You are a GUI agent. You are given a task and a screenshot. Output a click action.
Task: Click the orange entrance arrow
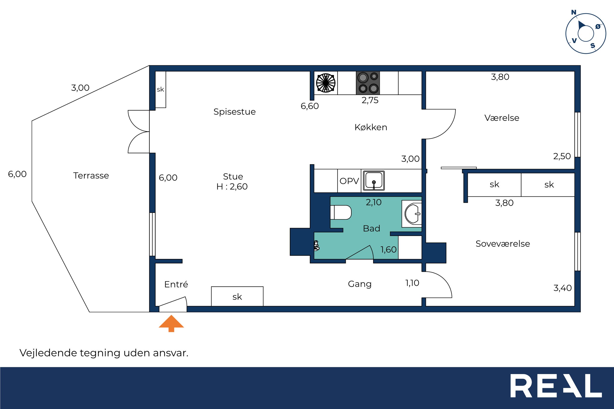click(171, 323)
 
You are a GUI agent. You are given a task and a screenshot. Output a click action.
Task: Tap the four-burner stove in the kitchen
click(368, 83)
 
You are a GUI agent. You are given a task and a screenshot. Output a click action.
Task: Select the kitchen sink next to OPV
click(374, 181)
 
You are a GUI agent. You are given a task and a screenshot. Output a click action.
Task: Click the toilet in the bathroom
click(341, 212)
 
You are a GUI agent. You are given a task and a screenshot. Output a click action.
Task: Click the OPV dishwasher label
click(349, 181)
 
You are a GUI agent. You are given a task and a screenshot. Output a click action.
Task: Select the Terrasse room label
click(91, 176)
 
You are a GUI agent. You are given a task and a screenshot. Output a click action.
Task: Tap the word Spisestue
click(235, 112)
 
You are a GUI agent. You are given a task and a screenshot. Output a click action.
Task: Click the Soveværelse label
click(503, 244)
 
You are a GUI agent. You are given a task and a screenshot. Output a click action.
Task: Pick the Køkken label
click(371, 127)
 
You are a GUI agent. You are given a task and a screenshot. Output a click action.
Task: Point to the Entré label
click(176, 284)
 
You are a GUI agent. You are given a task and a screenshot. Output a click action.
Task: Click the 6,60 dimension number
click(310, 106)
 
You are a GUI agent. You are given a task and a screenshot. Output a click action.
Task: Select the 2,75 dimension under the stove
click(370, 100)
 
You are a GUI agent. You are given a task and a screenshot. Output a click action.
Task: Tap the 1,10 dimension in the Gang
click(412, 283)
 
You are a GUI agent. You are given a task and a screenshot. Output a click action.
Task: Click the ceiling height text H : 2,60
click(232, 186)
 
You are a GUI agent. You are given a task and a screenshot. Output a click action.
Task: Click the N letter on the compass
click(574, 12)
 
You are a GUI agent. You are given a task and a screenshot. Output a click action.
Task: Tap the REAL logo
click(556, 386)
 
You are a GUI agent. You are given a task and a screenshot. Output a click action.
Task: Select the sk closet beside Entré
click(237, 296)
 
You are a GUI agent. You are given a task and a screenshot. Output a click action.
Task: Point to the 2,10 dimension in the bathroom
click(374, 202)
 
